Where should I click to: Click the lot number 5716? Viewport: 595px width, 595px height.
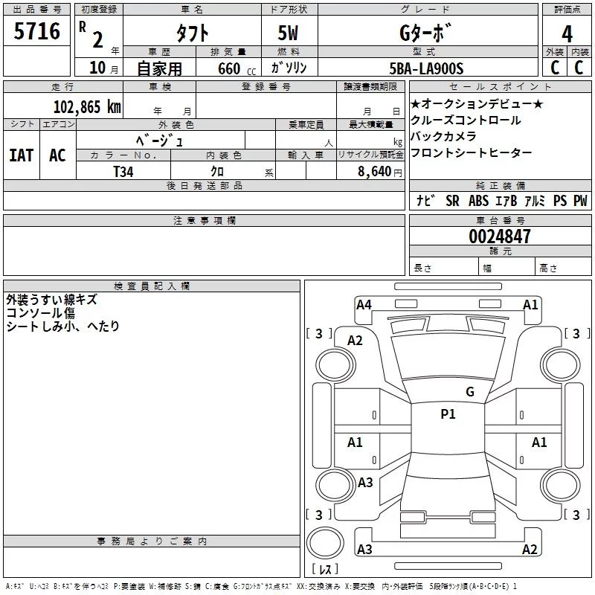36,31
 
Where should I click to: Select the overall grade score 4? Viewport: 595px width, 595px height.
567,33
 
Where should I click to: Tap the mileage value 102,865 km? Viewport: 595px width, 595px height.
87,106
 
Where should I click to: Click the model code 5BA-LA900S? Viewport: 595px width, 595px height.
426,68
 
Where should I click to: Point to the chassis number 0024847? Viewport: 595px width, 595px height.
500,237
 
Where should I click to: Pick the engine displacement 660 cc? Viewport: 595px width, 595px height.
237,69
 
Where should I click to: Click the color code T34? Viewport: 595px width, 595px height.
123,172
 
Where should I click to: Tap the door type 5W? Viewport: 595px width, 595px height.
288,33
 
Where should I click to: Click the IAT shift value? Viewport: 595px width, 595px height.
22,155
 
